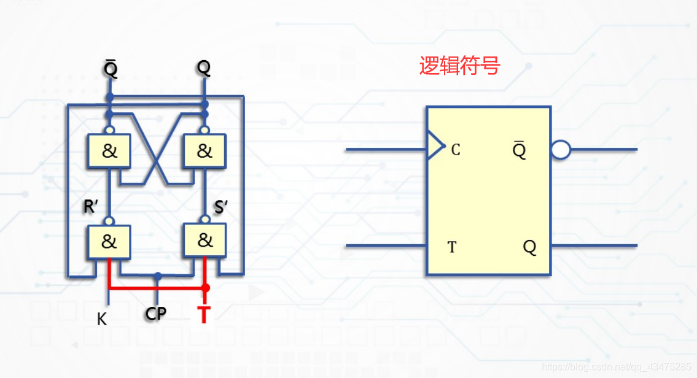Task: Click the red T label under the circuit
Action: click(x=204, y=314)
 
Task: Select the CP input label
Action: click(x=156, y=314)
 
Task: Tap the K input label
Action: click(x=102, y=318)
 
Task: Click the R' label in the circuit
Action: click(x=92, y=207)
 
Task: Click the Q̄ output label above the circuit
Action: click(x=111, y=69)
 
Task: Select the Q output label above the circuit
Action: click(x=204, y=68)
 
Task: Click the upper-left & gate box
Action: click(x=109, y=151)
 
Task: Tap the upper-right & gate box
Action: click(x=204, y=151)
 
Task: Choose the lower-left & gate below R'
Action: click(x=108, y=242)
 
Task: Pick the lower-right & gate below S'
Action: click(x=204, y=241)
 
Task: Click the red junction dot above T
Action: click(x=206, y=287)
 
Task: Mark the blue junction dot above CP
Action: click(x=158, y=277)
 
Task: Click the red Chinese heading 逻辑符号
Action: click(x=459, y=66)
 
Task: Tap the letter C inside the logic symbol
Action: click(x=456, y=150)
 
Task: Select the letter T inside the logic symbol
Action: click(x=452, y=247)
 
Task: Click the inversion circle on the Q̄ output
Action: click(x=561, y=150)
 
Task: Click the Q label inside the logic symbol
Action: click(x=529, y=247)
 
